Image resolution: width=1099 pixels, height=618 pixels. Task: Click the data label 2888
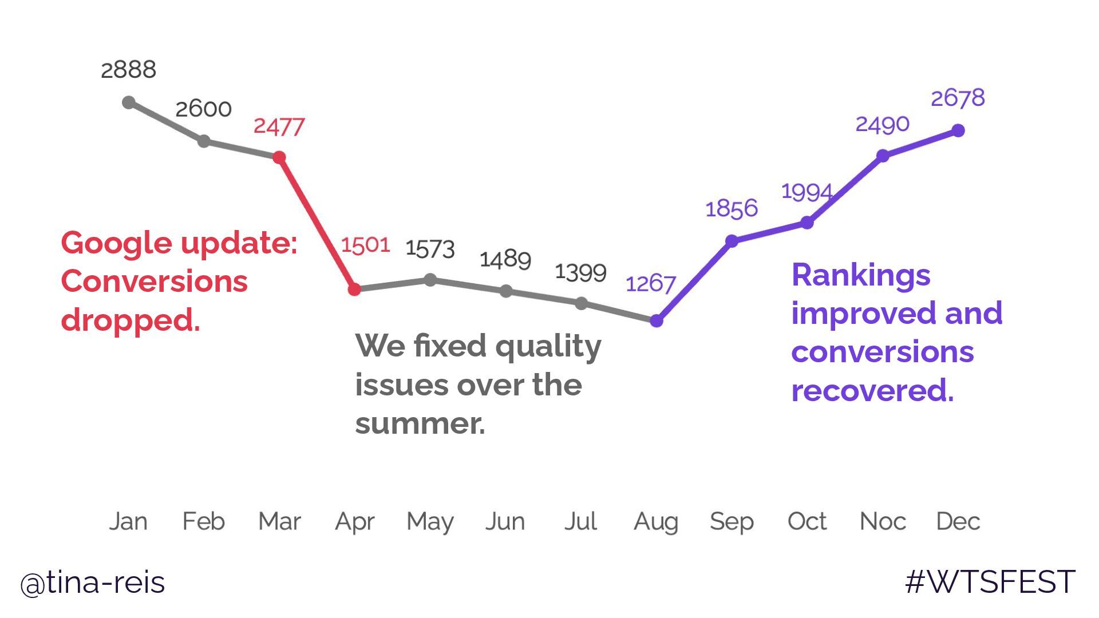tap(128, 70)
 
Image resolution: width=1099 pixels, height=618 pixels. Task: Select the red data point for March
tap(279, 157)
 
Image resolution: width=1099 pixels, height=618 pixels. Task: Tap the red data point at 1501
tap(354, 290)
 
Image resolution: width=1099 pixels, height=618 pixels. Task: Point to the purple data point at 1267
tap(657, 321)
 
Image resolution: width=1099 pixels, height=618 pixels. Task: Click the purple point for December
tap(958, 131)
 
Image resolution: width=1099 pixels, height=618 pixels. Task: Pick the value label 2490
tap(882, 124)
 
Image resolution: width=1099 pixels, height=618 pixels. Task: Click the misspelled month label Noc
tap(883, 521)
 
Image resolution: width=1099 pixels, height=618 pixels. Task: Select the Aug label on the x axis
tap(656, 522)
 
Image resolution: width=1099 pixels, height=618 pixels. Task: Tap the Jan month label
tap(128, 521)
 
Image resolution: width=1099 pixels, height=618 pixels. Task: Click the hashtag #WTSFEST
tap(990, 583)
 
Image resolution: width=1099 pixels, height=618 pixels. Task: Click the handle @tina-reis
tap(93, 583)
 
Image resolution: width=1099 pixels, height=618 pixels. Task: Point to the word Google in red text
tap(117, 244)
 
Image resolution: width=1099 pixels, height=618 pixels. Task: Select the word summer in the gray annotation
tap(419, 424)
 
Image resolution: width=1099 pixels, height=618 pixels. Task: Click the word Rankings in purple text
tap(860, 276)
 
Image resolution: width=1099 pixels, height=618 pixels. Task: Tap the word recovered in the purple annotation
tap(872, 391)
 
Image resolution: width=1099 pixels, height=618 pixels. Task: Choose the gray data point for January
tap(129, 103)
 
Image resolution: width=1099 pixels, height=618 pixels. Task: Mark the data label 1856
tap(732, 209)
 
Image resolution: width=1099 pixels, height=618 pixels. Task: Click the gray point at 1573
tap(430, 280)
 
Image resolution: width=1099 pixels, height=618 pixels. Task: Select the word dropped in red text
tap(130, 320)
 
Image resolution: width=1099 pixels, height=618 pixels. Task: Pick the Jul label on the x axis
tap(580, 521)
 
